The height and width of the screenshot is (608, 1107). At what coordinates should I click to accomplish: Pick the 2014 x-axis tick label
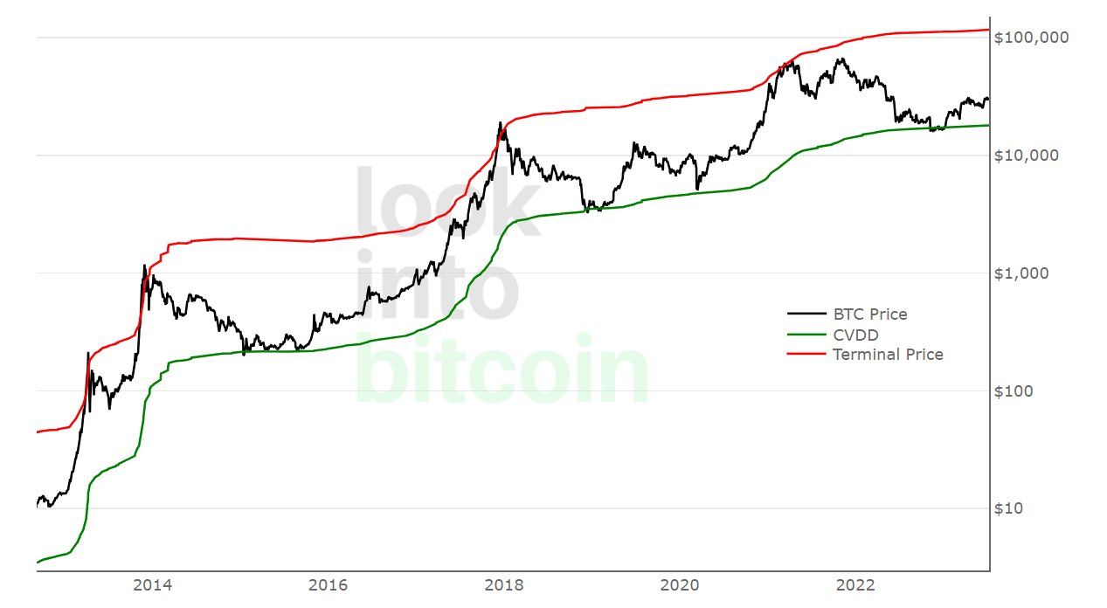[x=152, y=584]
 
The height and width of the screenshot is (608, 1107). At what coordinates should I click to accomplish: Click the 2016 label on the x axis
[x=328, y=584]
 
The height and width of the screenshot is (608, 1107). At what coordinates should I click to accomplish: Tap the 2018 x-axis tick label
[x=504, y=584]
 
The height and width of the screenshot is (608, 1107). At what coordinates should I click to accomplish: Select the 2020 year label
[x=681, y=584]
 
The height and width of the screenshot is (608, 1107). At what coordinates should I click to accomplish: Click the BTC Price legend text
[x=869, y=314]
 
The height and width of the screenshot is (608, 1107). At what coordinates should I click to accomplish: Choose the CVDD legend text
[x=855, y=335]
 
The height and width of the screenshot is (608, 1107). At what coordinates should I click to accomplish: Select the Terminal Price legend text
[x=888, y=355]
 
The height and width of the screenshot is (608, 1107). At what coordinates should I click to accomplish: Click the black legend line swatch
[x=806, y=314]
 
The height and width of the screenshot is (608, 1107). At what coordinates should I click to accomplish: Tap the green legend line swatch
[x=806, y=335]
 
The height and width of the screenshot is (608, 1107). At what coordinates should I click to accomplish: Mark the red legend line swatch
[x=806, y=355]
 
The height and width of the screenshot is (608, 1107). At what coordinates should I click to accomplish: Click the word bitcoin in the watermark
[x=502, y=371]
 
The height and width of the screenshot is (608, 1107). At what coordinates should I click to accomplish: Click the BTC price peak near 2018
[x=501, y=123]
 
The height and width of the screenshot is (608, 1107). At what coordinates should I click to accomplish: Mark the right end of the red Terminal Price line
[x=988, y=30]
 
